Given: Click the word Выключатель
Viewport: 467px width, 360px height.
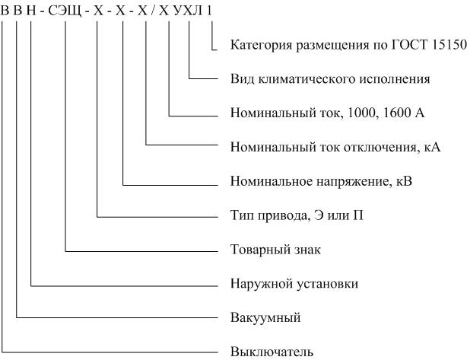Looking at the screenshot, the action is tap(272, 352).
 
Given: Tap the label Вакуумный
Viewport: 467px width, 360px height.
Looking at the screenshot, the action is tap(265, 317).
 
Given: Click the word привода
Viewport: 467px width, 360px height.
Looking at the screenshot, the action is tap(281, 215).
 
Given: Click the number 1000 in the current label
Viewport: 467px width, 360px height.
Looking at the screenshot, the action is tap(361, 113).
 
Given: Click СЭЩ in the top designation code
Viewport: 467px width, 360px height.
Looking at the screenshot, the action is tap(65, 11).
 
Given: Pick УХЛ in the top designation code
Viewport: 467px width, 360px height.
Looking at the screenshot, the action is tap(188, 11).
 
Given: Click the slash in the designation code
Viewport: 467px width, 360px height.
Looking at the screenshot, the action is tap(153, 11).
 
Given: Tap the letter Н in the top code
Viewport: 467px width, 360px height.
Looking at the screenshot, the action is tap(31, 11).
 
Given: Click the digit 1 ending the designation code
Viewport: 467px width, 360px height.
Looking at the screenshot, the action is tap(209, 11).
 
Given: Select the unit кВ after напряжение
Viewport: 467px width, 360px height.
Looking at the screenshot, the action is tap(405, 181).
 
